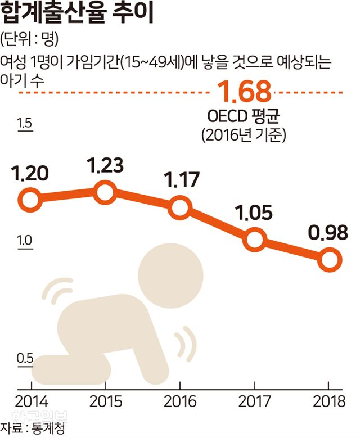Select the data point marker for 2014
click(30, 200)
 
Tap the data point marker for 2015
click(105, 192)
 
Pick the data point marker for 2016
click(179, 207)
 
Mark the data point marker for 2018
click(329, 260)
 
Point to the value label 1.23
click(105, 165)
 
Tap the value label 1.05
click(254, 214)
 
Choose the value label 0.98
click(328, 233)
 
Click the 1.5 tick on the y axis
click(25, 124)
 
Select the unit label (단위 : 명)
click(30, 40)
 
